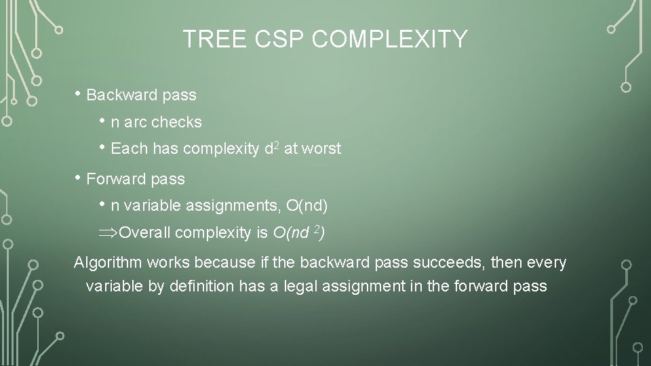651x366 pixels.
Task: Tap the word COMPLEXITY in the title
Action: pos(390,39)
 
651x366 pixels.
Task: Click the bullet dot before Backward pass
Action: pos(79,94)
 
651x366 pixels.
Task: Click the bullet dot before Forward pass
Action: pos(79,178)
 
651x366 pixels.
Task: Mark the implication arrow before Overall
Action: pos(108,233)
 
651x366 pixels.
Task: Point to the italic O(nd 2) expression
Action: pos(298,232)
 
